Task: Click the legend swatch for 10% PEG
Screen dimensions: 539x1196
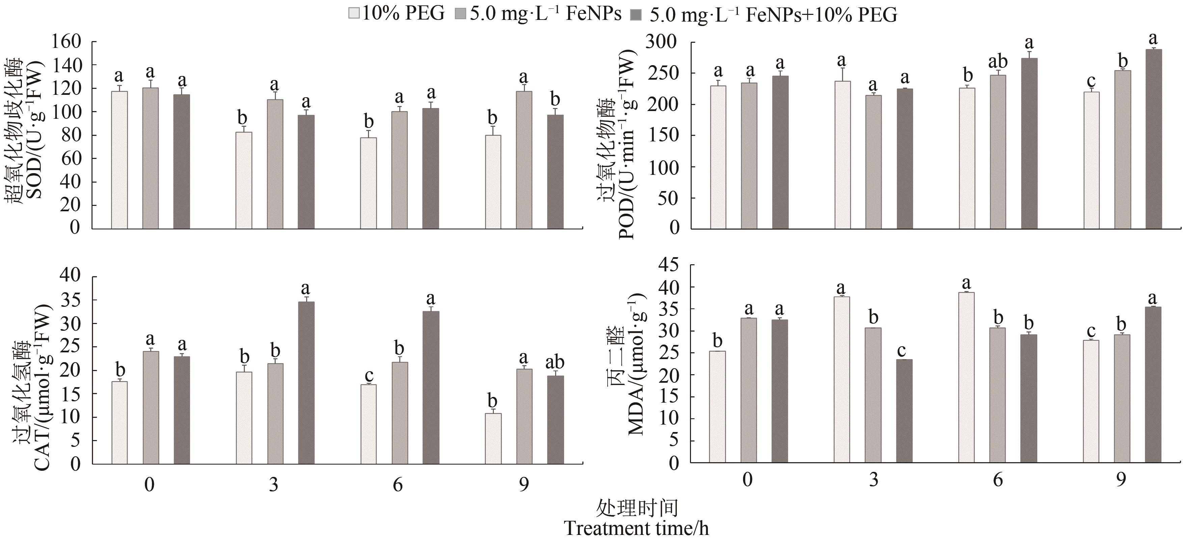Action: click(354, 14)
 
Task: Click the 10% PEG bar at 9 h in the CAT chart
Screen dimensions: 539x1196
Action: click(493, 438)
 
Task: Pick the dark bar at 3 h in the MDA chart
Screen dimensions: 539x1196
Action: click(904, 411)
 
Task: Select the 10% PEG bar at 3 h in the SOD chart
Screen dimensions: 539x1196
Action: click(244, 180)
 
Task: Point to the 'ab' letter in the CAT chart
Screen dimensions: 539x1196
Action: click(555, 362)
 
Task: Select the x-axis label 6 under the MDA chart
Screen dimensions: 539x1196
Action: click(998, 480)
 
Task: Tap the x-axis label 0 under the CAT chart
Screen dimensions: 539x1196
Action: click(149, 485)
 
